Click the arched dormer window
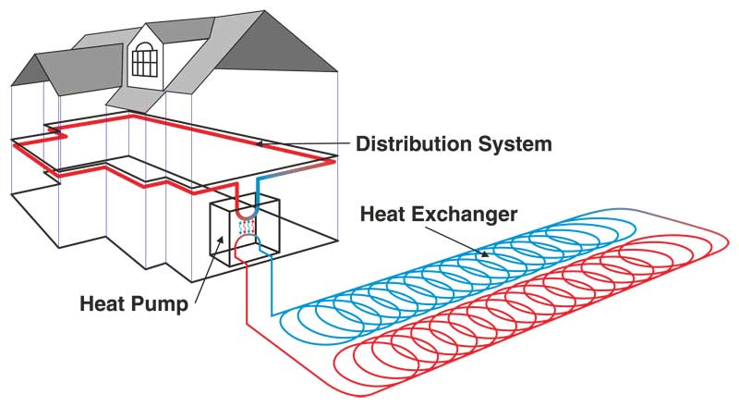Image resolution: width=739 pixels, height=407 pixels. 145,57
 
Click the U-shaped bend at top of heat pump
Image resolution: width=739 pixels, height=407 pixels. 245,208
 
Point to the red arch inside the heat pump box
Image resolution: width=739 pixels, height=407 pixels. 245,242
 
